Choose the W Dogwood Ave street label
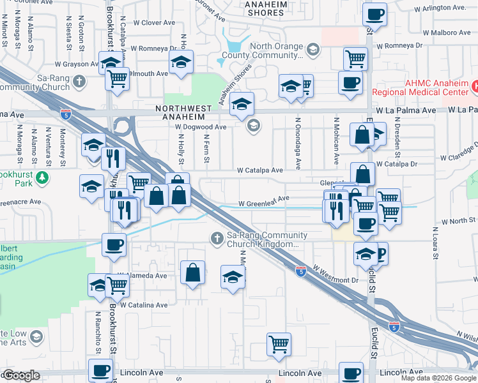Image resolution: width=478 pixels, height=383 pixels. tap(201, 127)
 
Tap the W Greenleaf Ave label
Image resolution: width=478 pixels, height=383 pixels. tap(264, 204)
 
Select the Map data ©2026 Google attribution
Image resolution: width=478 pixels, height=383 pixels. tap(438, 378)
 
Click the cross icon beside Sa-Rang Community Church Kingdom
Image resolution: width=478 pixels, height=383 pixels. tap(217, 239)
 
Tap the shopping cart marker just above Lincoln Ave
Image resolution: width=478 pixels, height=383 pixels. tap(279, 344)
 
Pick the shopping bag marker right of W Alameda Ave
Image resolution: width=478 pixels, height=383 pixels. tap(192, 273)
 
